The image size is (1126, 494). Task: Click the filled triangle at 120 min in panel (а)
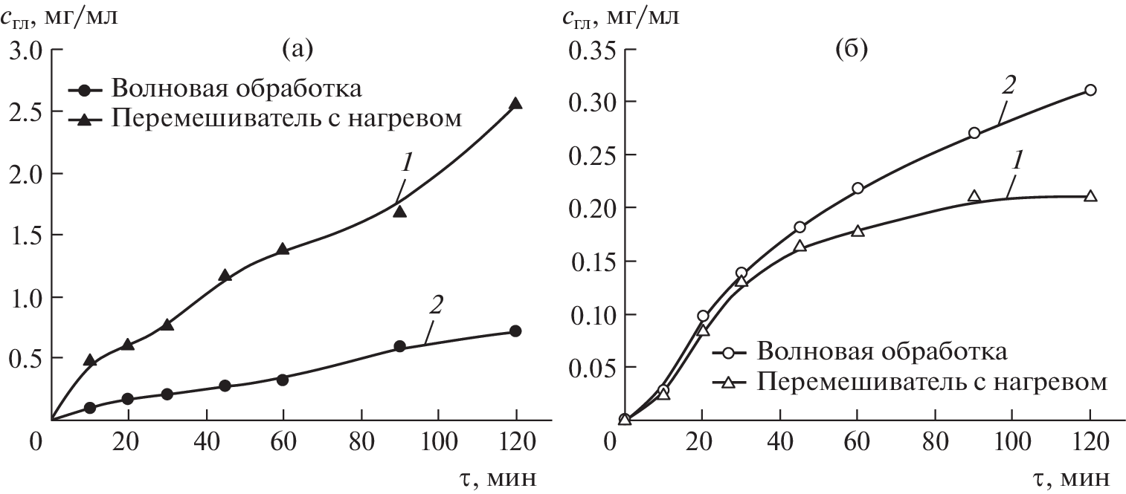click(515, 104)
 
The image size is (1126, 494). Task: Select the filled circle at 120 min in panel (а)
click(515, 331)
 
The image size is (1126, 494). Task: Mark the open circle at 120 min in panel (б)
click(1090, 90)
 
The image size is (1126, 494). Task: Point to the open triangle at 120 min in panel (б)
click(1090, 196)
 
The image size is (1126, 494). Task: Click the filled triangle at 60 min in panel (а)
click(283, 249)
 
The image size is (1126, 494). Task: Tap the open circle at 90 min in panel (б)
click(974, 133)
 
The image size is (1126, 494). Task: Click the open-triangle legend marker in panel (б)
click(729, 383)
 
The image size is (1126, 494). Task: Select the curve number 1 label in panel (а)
click(406, 164)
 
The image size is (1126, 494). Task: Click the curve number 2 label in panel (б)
click(1008, 84)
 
